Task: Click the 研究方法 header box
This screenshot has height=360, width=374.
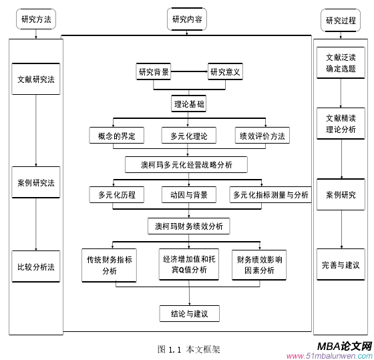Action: [x=35, y=20]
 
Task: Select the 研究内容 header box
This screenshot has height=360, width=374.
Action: [x=187, y=20]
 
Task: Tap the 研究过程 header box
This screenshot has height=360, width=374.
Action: [x=341, y=20]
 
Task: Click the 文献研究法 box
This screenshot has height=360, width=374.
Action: [x=36, y=79]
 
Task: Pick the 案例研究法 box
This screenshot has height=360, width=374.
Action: [x=36, y=182]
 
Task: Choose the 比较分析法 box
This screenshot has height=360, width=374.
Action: [x=36, y=267]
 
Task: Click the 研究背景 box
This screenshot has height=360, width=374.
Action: [x=154, y=71]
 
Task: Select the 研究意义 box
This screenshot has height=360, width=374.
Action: [x=225, y=71]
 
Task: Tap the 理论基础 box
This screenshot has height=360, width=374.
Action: [x=189, y=104]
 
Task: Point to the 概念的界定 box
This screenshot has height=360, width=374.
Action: [x=116, y=136]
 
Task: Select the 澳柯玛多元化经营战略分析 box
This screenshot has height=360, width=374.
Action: [x=186, y=164]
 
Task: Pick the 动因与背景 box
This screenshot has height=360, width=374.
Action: [x=189, y=195]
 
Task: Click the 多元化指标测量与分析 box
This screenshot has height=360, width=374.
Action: [x=270, y=195]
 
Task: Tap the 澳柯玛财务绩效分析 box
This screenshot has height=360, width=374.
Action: [x=189, y=226]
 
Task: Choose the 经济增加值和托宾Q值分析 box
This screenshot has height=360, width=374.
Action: [x=189, y=264]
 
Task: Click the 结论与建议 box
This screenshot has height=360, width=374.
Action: [x=189, y=313]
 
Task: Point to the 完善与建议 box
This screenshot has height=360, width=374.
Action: [x=341, y=265]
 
